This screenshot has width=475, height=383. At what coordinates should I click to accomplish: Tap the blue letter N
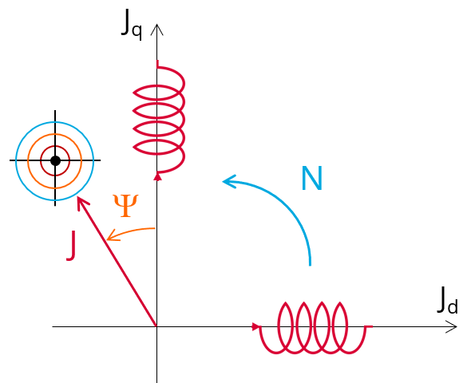click(x=312, y=178)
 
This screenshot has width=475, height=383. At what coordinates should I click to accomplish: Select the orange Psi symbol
click(x=125, y=206)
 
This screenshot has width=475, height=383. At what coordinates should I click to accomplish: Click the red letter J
click(x=72, y=245)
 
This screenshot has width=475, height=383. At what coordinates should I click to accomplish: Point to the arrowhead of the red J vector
click(x=81, y=202)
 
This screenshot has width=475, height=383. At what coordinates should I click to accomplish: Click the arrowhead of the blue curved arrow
click(x=228, y=181)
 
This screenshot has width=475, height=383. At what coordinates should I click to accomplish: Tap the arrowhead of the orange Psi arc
click(x=112, y=235)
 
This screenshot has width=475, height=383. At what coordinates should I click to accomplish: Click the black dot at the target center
click(x=55, y=160)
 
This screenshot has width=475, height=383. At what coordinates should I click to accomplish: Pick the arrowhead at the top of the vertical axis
click(x=157, y=29)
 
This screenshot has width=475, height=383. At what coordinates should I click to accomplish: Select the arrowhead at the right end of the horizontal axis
click(x=452, y=327)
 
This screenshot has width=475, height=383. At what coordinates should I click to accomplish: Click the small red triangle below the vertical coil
click(x=157, y=176)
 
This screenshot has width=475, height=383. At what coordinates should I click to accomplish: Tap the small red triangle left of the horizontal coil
click(x=256, y=327)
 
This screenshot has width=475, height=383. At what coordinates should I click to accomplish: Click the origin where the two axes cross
click(x=157, y=326)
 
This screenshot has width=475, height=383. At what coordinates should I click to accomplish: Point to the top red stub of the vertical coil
click(x=157, y=64)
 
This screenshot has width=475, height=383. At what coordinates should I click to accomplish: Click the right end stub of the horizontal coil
click(x=369, y=326)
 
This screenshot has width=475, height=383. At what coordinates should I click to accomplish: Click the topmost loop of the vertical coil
click(x=133, y=93)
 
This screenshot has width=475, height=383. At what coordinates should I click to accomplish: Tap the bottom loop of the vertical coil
click(x=133, y=147)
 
